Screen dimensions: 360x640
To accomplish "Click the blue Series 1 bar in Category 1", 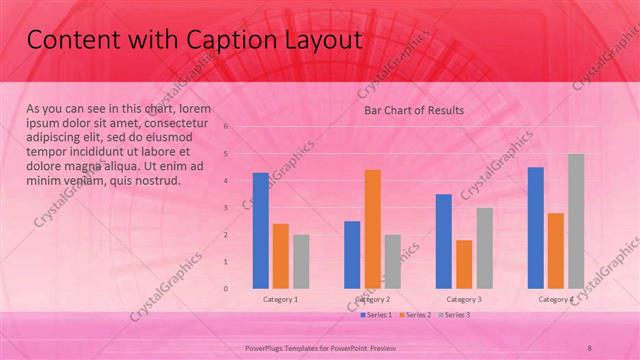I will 260,230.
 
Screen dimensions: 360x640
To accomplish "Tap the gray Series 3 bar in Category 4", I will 576,221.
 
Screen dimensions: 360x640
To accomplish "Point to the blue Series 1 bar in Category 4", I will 536,227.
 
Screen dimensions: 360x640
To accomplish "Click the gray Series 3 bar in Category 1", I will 301,261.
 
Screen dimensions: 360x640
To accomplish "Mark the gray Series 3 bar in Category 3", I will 484,248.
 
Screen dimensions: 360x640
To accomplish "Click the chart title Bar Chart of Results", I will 413,110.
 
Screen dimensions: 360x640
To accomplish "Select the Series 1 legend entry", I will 375,315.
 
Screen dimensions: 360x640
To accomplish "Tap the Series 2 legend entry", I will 415,315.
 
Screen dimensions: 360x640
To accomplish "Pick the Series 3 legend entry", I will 455,315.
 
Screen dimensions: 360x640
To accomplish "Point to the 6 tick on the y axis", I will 227,127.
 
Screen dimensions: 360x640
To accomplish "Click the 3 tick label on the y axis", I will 227,208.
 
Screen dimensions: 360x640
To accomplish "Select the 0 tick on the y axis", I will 227,289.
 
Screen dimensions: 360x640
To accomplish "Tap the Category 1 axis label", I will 280,299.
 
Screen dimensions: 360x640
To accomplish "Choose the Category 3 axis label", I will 464,299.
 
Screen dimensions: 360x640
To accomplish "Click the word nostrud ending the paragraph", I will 156,181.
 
